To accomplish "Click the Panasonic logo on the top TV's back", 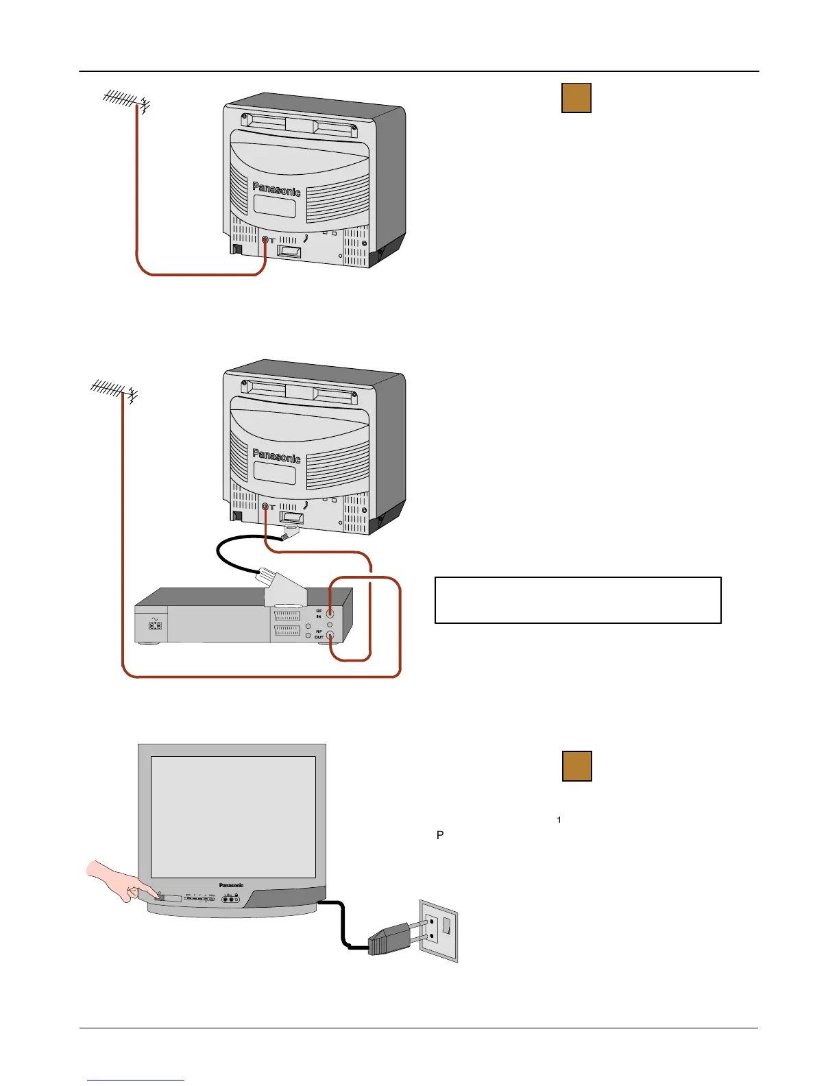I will tap(276, 189).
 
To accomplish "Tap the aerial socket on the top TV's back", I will tap(265, 241).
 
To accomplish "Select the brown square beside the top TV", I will tap(576, 98).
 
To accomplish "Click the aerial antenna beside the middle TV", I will tap(113, 390).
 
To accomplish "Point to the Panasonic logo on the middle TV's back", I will tap(276, 455).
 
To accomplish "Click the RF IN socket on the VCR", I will tap(330, 614).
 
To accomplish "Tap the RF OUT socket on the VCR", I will tap(330, 636).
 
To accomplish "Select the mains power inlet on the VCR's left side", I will tap(155, 625).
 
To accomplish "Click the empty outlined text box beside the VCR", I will tap(578, 600).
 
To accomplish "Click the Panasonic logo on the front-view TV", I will tap(231, 885).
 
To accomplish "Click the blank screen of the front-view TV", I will tap(233, 817).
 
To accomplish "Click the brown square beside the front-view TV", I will tap(576, 766).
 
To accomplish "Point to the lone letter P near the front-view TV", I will tap(440, 835).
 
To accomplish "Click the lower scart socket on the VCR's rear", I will tap(287, 631).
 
